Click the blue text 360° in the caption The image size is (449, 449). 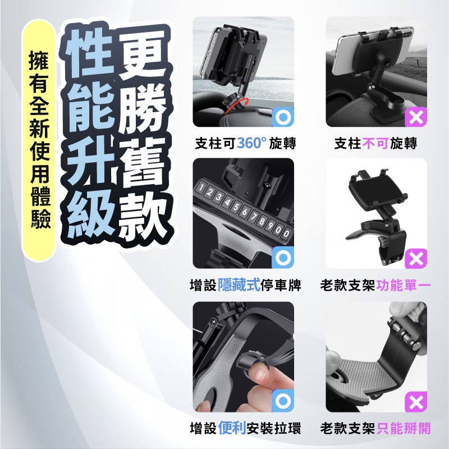[251, 143]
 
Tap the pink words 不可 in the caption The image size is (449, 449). [375, 143]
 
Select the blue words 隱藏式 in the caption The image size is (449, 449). [239, 285]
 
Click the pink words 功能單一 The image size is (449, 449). [404, 285]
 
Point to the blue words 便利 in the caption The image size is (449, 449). [232, 428]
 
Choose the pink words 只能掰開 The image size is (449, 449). [404, 428]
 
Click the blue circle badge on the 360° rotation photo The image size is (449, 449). [283, 117]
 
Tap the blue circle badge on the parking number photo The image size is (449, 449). [283, 257]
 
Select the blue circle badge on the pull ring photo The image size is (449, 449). [283, 400]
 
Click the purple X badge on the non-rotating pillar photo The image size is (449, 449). [416, 117]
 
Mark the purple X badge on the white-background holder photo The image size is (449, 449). [416, 259]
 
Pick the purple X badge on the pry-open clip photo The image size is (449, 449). [416, 402]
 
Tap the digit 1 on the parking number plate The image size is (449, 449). [201, 188]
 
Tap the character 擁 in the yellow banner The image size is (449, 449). [39, 61]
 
